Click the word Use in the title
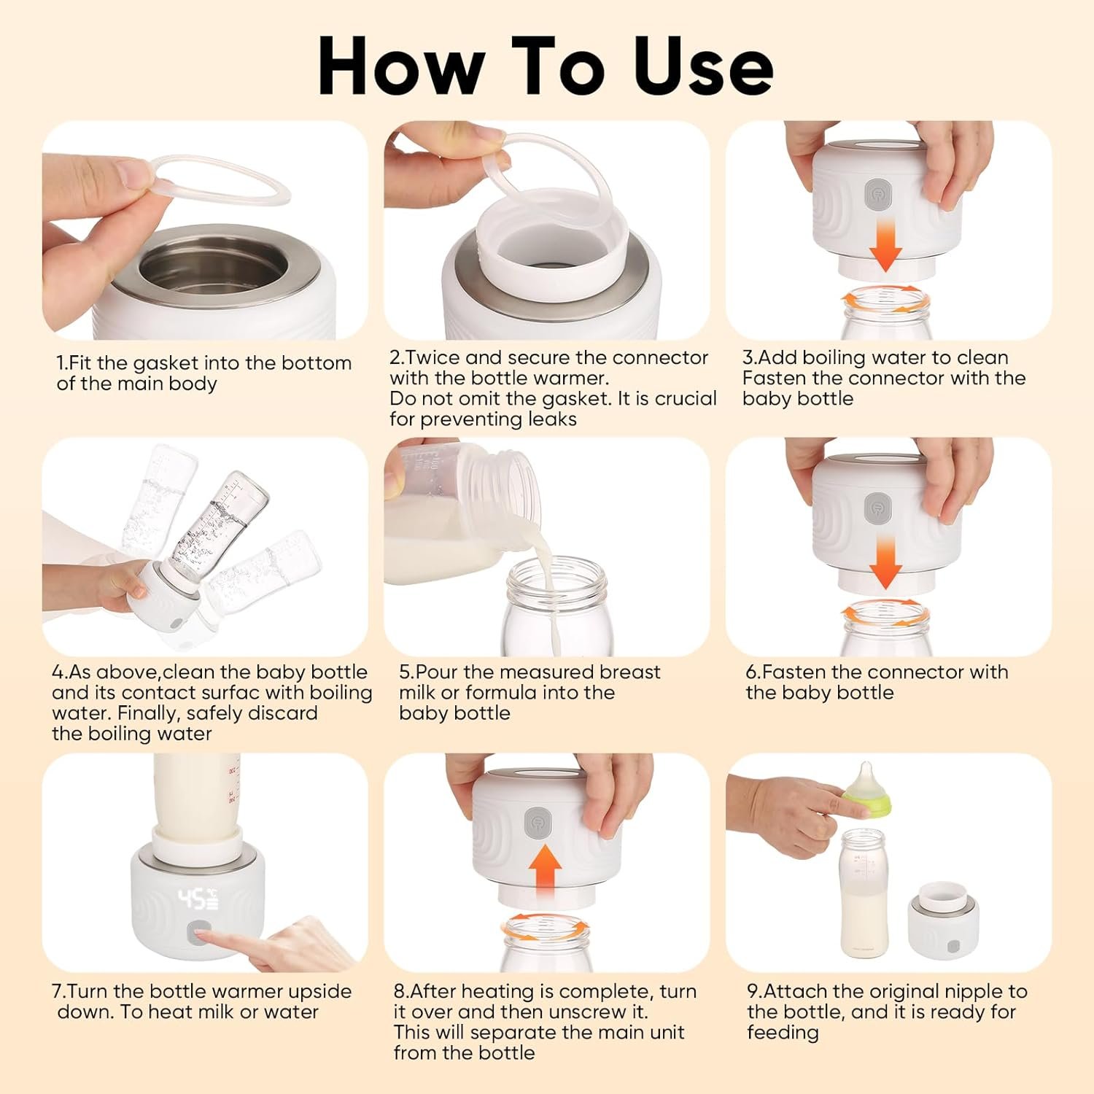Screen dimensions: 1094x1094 pos(703,66)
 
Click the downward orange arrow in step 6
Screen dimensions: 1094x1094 pos(885,561)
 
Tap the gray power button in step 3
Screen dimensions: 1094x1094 pos(876,195)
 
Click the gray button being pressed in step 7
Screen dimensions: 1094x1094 pos(198,934)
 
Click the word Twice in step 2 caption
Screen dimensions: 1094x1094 pos(433,357)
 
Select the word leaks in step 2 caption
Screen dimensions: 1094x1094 pos(553,419)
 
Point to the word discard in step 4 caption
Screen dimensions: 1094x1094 pos(284,713)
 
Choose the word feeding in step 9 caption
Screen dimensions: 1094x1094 pos(783,1033)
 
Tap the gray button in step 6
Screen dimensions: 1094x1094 pos(876,508)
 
